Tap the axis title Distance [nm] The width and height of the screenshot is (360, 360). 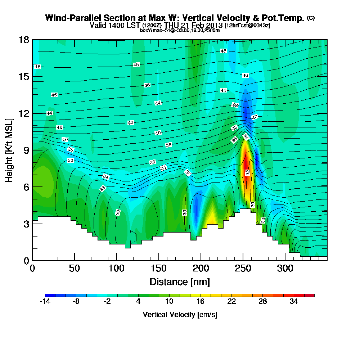click(180, 281)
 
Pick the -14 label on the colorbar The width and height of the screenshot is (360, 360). click(45, 302)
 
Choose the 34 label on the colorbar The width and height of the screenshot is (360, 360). click(294, 302)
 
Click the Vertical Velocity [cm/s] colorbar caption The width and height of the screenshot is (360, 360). click(180, 315)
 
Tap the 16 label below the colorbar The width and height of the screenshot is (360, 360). click(201, 302)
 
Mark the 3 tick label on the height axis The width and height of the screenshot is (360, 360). click(26, 224)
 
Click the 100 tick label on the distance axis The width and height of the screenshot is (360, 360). click(116, 268)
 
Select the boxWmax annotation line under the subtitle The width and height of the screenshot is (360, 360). click(180, 30)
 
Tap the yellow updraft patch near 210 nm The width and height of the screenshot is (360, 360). click(212, 216)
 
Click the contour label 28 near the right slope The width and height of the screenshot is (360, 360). click(263, 220)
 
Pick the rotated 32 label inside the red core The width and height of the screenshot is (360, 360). click(248, 172)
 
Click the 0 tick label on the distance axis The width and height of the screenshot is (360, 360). click(32, 268)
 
